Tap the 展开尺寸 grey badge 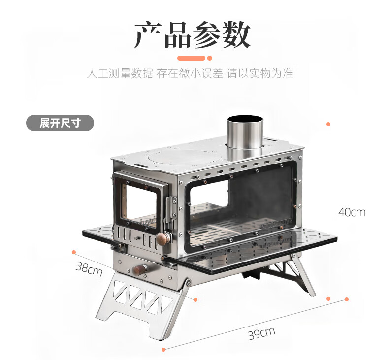(60, 123)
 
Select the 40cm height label (352, 212)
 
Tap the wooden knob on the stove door (161, 240)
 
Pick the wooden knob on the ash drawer (141, 269)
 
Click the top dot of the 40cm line (328, 123)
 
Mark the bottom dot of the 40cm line (328, 298)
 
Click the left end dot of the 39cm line (164, 349)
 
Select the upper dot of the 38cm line (73, 252)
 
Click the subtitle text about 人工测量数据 (190, 74)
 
